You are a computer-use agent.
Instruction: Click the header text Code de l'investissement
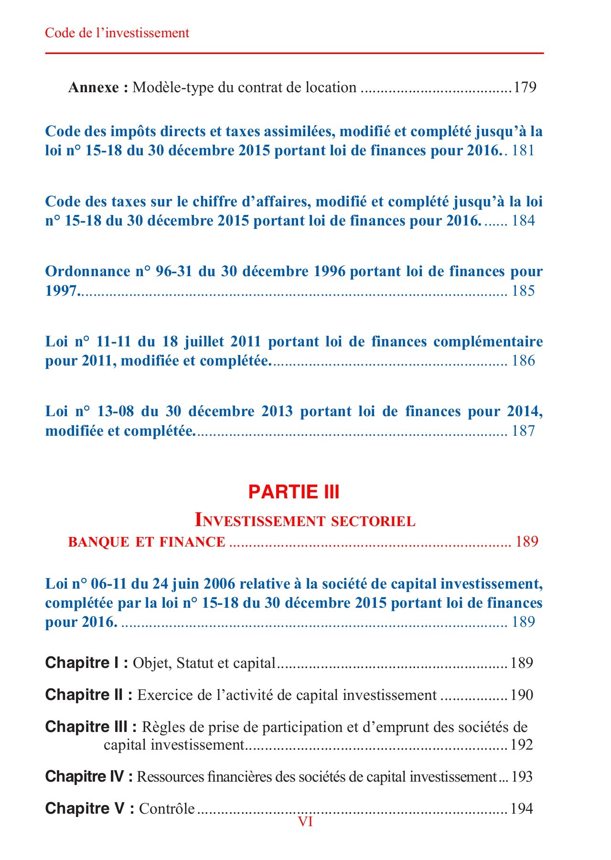117,33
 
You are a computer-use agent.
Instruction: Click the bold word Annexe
94,87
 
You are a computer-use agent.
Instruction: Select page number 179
525,87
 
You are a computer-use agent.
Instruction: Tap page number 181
523,150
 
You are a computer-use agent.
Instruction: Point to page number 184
523,221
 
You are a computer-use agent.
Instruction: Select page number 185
523,290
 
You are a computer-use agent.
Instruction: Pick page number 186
523,361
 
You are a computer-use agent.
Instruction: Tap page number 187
523,431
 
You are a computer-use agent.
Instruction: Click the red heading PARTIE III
294,492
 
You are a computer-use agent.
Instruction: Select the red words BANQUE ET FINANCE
147,542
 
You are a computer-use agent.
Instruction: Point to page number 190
521,695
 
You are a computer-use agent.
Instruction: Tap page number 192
521,745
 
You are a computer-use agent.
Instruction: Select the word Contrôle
167,809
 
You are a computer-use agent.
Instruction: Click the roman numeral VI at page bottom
305,822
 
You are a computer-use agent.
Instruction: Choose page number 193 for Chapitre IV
522,777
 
